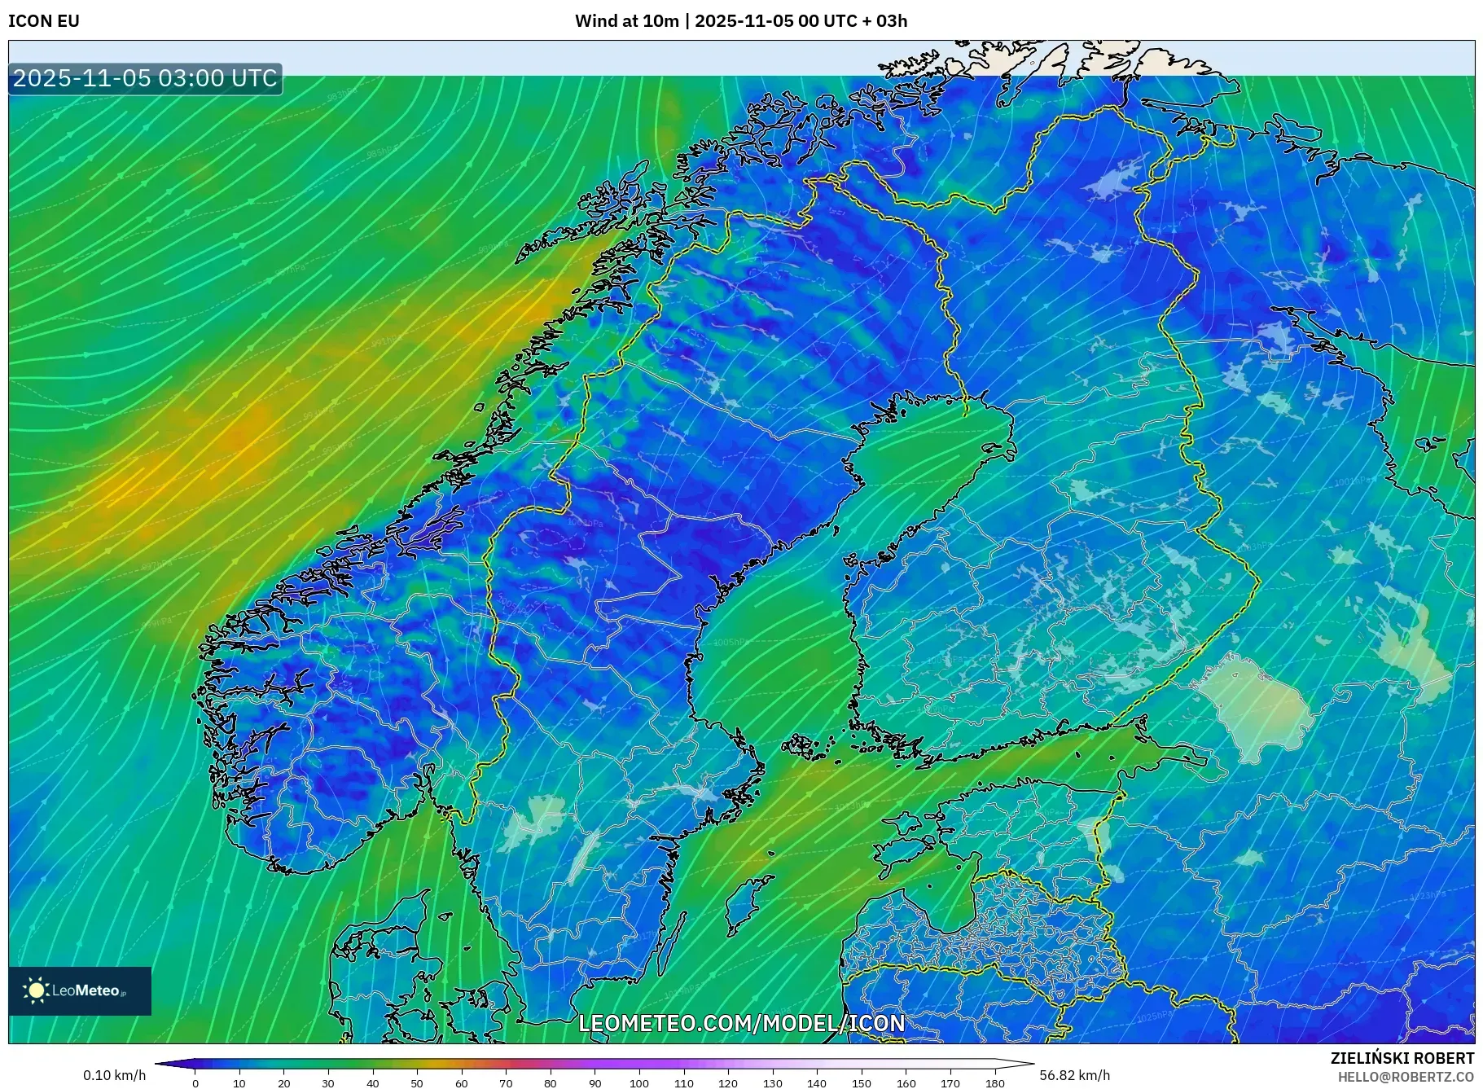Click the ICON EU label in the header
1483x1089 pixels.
click(x=44, y=21)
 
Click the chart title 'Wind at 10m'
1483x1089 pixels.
click(x=626, y=21)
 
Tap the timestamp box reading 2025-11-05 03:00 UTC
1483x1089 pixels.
click(x=145, y=78)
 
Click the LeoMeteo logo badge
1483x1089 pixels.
click(x=80, y=990)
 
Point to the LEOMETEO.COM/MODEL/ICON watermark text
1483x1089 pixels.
click(x=741, y=1023)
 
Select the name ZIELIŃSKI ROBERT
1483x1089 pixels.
click(x=1402, y=1058)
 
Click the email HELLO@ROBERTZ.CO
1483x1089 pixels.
click(x=1406, y=1077)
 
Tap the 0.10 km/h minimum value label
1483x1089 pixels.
click(x=115, y=1075)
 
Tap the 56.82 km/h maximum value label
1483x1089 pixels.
click(x=1074, y=1075)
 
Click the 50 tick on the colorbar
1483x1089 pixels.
click(x=417, y=1083)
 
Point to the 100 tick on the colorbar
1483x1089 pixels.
click(x=639, y=1083)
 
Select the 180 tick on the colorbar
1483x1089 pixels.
click(x=994, y=1083)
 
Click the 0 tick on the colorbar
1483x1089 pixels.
click(x=195, y=1083)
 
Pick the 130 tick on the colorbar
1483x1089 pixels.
click(x=772, y=1083)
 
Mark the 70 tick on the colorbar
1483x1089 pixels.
click(x=506, y=1083)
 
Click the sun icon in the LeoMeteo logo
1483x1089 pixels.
click(x=36, y=990)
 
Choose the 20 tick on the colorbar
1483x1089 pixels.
click(x=283, y=1083)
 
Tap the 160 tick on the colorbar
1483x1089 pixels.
click(x=906, y=1083)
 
